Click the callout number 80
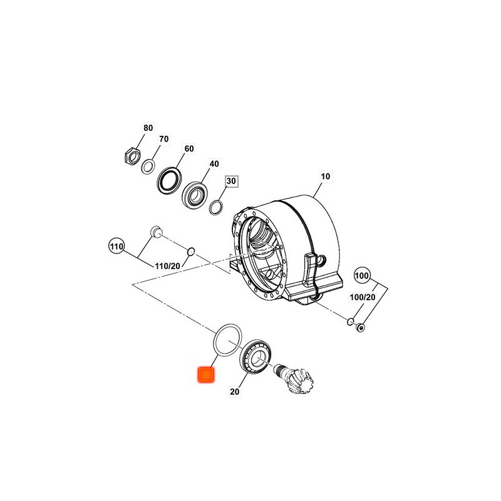[x=148, y=128]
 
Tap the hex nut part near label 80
[x=131, y=155]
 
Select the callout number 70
[x=163, y=139]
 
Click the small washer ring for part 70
[x=148, y=166]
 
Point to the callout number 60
[x=189, y=148]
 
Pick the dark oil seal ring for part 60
[x=169, y=180]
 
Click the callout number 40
[x=214, y=163]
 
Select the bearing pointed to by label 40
[x=195, y=195]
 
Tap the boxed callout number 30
[x=231, y=181]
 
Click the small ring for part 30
[x=215, y=208]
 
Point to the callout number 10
[x=325, y=177]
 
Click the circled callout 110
[x=116, y=246]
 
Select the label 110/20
[x=168, y=266]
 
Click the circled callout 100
[x=361, y=276]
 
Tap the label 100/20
[x=363, y=297]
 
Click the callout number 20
[x=234, y=391]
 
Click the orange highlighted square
[x=205, y=374]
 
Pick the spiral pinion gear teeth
[x=300, y=381]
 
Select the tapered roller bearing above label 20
[x=257, y=355]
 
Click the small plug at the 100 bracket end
[x=361, y=328]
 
